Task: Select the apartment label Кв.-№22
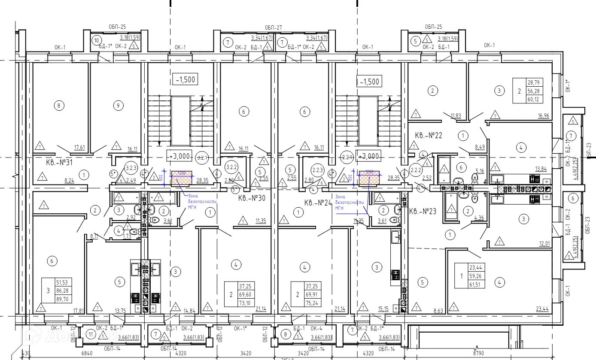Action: [x=429, y=136]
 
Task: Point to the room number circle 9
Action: [x=118, y=105]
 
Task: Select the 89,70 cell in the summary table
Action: [x=62, y=299]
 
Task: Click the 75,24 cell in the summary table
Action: [x=299, y=301]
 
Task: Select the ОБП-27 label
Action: [x=273, y=27]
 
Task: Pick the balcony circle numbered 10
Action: [x=96, y=41]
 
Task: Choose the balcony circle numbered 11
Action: [x=90, y=334]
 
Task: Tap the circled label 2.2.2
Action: [x=415, y=170]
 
